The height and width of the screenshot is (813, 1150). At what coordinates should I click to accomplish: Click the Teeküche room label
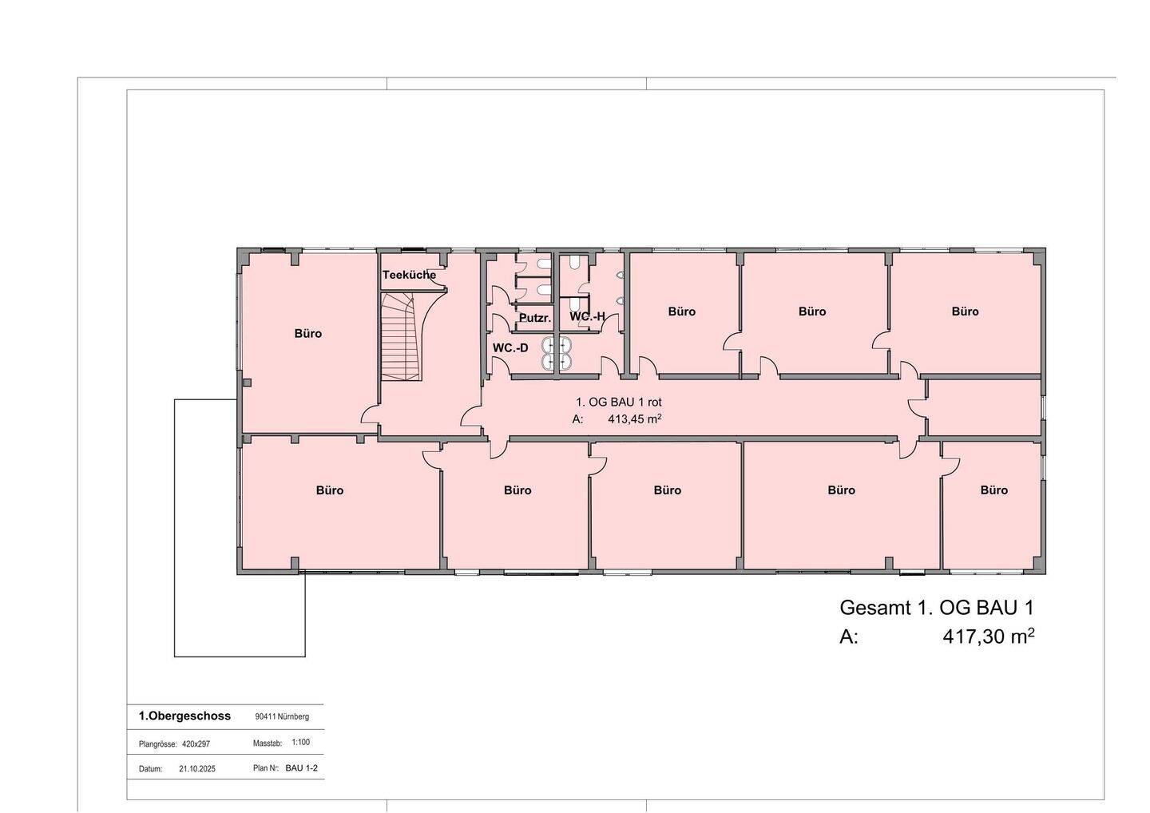[409, 275]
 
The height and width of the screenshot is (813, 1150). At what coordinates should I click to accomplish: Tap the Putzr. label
[535, 318]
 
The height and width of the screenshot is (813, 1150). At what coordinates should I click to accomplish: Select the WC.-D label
[510, 348]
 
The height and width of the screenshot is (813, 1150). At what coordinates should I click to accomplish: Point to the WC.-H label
[587, 317]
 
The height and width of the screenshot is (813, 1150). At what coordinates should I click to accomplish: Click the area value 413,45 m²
[635, 418]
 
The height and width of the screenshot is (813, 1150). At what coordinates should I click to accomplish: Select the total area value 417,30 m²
[989, 637]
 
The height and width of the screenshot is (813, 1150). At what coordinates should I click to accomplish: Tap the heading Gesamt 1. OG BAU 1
[937, 608]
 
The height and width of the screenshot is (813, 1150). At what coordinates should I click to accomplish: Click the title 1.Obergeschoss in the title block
[184, 716]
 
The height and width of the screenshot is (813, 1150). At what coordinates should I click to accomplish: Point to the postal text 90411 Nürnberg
[282, 716]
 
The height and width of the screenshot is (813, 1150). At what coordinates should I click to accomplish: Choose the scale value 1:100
[300, 742]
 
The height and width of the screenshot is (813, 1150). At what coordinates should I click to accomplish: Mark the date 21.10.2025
[197, 769]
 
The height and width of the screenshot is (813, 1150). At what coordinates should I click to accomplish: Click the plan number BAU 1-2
[301, 767]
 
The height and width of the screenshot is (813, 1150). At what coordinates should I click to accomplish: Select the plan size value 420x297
[196, 744]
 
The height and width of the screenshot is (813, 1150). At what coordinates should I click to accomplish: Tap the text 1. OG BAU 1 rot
[619, 403]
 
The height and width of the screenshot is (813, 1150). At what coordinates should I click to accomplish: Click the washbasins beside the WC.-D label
[557, 353]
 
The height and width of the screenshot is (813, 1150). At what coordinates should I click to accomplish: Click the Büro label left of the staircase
[308, 334]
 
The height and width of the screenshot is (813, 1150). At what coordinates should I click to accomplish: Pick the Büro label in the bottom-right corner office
[994, 490]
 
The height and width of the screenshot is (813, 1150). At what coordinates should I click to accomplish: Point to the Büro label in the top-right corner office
[966, 311]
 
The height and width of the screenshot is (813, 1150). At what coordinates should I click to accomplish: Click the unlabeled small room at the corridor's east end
[984, 407]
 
